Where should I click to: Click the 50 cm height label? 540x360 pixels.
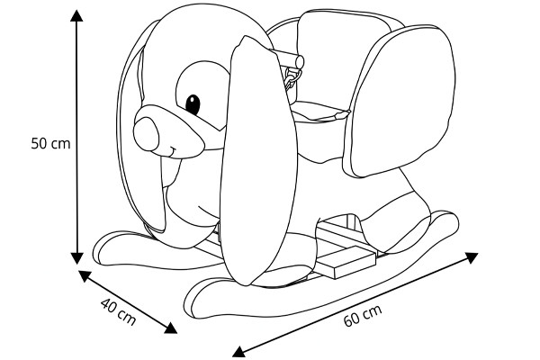coord(50,142)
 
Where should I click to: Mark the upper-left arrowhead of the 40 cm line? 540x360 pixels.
coord(83,274)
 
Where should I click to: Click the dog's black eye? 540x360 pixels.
coord(193,102)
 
